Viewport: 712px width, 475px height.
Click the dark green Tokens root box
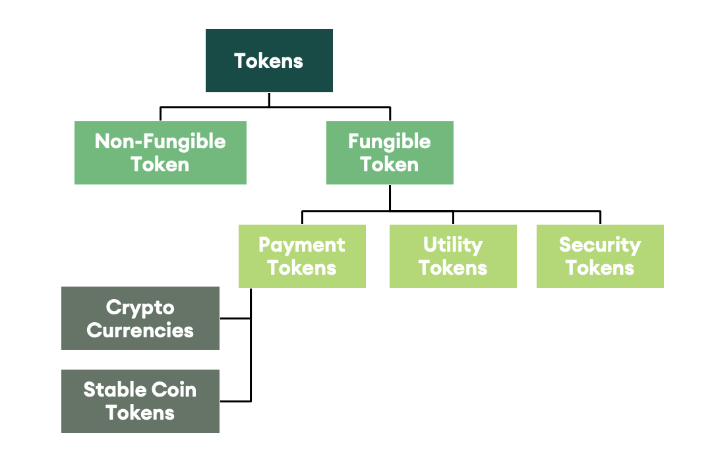pyautogui.click(x=269, y=61)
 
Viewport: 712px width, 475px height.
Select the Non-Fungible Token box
pyautogui.click(x=160, y=153)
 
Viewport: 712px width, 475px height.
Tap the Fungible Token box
pyautogui.click(x=390, y=153)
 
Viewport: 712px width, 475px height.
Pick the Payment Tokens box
pyautogui.click(x=302, y=256)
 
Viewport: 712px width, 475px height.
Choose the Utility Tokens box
pyautogui.click(x=453, y=256)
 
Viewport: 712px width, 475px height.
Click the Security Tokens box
pyautogui.click(x=600, y=256)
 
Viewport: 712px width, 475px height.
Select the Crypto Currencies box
pyautogui.click(x=140, y=318)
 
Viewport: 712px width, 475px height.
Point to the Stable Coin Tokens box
pyautogui.click(x=140, y=401)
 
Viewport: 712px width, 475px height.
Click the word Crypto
pyautogui.click(x=140, y=308)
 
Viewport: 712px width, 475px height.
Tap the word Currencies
pyautogui.click(x=140, y=329)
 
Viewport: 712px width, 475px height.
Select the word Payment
pyautogui.click(x=302, y=245)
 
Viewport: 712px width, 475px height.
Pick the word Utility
pyautogui.click(x=453, y=245)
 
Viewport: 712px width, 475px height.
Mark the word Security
pyautogui.click(x=600, y=245)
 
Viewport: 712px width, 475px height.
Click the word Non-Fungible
pyautogui.click(x=160, y=142)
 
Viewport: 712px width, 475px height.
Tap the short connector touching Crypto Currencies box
pyautogui.click(x=235, y=318)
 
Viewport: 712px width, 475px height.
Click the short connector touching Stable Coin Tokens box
pyautogui.click(x=235, y=401)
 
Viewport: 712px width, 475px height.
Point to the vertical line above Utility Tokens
pyautogui.click(x=453, y=218)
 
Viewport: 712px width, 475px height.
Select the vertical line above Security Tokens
pyautogui.click(x=600, y=218)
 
